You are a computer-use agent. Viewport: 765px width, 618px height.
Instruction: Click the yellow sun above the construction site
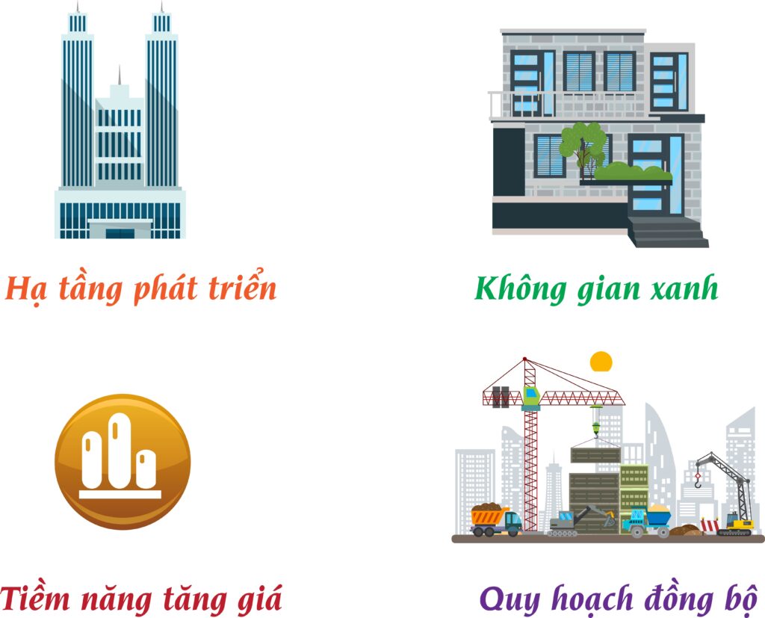[x=601, y=362]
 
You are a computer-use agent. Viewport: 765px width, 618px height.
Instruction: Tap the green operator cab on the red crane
[x=531, y=396]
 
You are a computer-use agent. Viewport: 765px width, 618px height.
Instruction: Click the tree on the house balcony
[x=583, y=144]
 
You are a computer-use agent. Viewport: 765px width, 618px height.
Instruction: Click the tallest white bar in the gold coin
[x=117, y=450]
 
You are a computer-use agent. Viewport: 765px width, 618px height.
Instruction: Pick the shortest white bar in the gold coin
[x=146, y=469]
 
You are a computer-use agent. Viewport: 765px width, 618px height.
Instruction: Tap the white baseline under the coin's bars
[x=120, y=495]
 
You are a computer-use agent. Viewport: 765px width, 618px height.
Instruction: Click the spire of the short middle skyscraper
[x=119, y=75]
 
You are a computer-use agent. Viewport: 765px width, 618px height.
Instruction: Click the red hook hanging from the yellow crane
[x=699, y=481]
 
